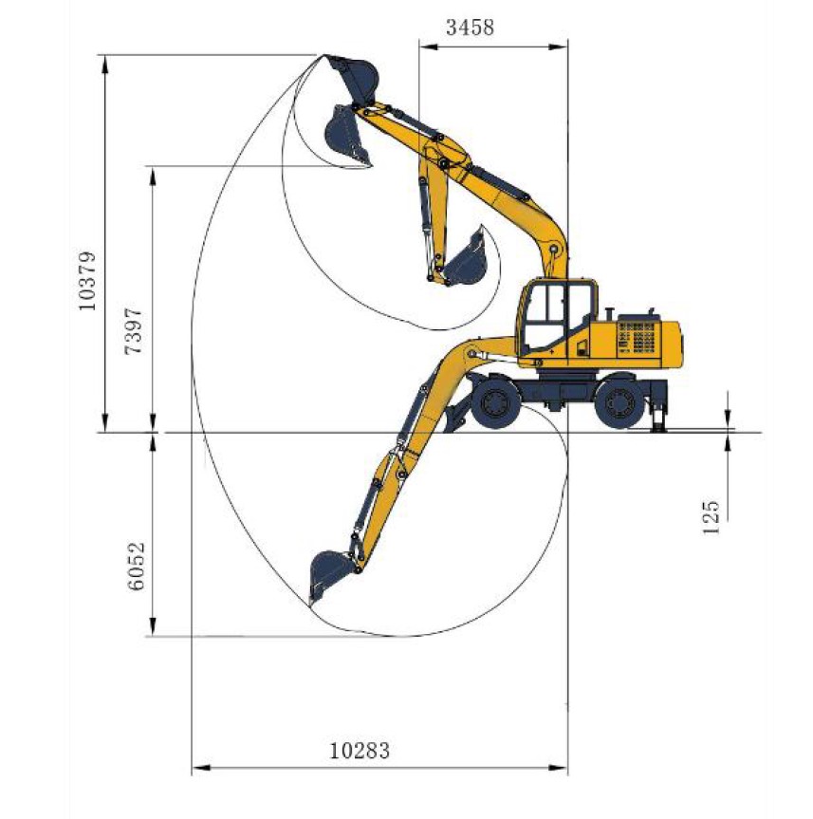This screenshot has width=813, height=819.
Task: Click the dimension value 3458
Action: [x=470, y=28]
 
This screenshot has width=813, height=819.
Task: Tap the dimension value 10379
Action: [x=87, y=281]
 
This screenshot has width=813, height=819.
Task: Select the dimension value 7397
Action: [x=133, y=330]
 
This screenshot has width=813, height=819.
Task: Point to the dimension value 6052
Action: [x=136, y=567]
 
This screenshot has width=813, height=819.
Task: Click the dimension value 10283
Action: [x=360, y=751]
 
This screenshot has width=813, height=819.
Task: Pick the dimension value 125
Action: [x=711, y=517]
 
